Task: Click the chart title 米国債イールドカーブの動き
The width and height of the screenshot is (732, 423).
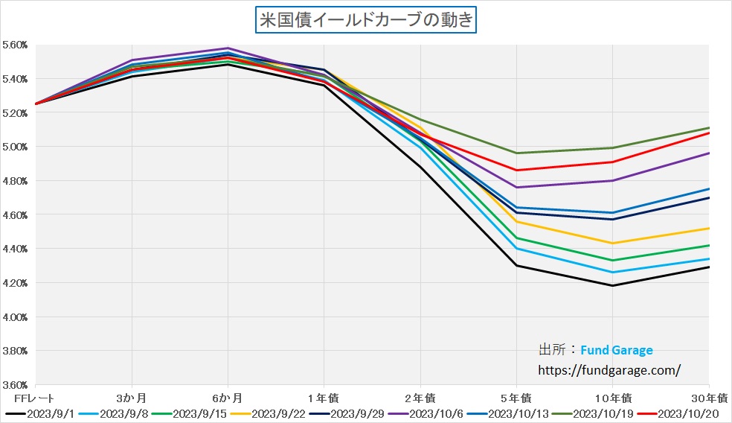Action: coord(365,20)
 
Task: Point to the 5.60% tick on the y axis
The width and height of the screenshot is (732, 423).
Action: coord(15,45)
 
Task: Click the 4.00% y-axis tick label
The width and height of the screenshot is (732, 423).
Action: coord(15,317)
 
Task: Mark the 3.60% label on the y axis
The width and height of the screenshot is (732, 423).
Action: coord(15,385)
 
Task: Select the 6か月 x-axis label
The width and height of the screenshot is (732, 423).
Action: coord(228,398)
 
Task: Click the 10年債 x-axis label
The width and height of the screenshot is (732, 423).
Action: coord(611,398)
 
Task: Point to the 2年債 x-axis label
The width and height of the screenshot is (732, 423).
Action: coord(420,398)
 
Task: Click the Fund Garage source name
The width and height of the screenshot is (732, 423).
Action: coord(617,350)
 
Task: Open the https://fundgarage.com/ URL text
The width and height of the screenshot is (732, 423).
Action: coord(609,369)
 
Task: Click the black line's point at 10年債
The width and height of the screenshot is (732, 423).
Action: coord(612,285)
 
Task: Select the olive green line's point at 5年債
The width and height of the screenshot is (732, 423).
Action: coord(516,153)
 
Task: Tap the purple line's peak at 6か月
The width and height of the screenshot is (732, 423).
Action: coord(228,48)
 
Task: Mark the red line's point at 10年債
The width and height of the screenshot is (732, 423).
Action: coord(612,162)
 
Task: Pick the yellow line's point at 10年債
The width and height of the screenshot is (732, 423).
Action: coord(612,243)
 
